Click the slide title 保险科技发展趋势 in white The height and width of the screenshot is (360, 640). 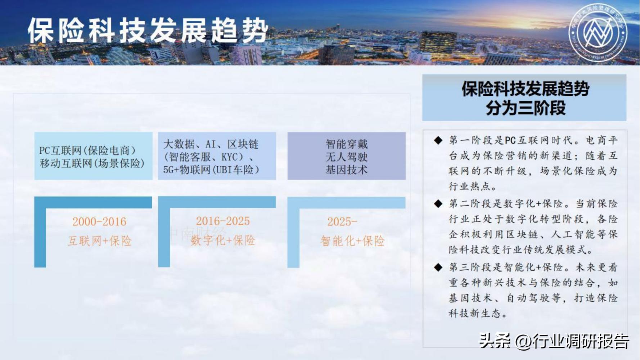[148, 31]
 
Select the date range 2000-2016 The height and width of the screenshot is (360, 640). [99, 221]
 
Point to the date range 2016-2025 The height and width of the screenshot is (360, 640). [223, 221]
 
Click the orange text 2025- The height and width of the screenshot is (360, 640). [342, 221]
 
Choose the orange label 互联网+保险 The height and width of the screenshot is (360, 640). [100, 241]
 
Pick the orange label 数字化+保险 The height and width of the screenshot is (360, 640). [223, 240]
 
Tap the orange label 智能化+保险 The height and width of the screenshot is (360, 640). [352, 241]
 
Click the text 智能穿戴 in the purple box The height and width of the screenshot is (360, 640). [346, 144]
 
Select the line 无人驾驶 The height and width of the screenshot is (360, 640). [346, 157]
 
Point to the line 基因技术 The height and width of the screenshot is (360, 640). [346, 170]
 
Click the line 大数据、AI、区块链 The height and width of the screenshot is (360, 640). [211, 144]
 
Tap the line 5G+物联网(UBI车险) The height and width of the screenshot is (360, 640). [211, 170]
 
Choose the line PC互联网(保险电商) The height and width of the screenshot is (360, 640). [87, 150]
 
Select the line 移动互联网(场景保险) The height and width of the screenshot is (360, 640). [92, 163]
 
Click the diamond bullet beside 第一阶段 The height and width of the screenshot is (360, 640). [438, 140]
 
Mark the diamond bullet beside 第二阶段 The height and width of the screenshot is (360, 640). [438, 204]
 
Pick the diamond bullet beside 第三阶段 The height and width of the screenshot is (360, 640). [438, 267]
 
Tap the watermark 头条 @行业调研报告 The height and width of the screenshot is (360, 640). [554, 341]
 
